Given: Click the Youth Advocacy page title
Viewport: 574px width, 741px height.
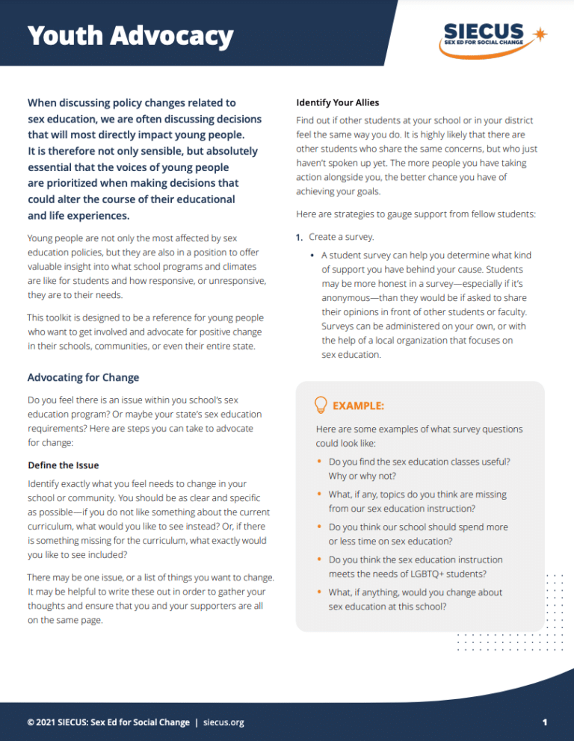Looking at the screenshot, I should click(130, 36).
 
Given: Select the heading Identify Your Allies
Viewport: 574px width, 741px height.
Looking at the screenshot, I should click(340, 102).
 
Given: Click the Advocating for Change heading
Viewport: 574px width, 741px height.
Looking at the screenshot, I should click(83, 377).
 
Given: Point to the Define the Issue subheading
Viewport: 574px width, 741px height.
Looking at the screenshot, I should click(63, 465).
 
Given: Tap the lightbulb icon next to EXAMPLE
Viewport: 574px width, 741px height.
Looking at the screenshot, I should click(320, 405).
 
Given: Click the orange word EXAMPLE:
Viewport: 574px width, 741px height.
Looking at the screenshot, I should click(358, 406).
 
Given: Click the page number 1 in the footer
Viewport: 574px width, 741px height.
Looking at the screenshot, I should click(545, 722).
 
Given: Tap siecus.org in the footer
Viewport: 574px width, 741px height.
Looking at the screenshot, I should click(223, 722).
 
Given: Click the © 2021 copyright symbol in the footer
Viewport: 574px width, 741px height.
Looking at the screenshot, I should click(31, 722).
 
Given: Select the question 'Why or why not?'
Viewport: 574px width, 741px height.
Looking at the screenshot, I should click(362, 476).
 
